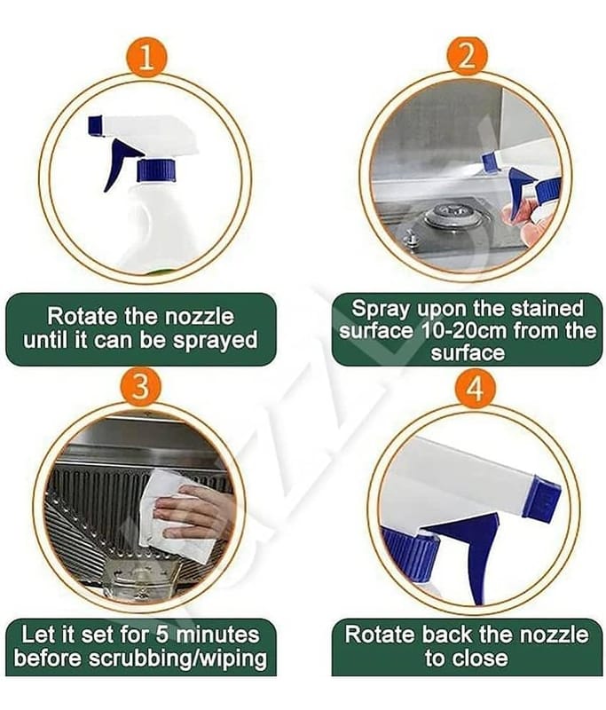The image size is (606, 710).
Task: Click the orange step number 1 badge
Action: [146, 58]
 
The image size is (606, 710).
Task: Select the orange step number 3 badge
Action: [140, 388]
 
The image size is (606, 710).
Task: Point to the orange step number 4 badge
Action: [475, 388]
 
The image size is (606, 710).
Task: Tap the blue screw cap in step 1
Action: [156, 170]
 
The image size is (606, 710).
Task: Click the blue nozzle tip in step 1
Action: [95, 125]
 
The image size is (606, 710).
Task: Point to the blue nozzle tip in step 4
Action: [541, 498]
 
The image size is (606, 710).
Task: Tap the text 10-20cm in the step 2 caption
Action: [463, 330]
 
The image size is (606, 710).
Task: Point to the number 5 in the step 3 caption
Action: [162, 635]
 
